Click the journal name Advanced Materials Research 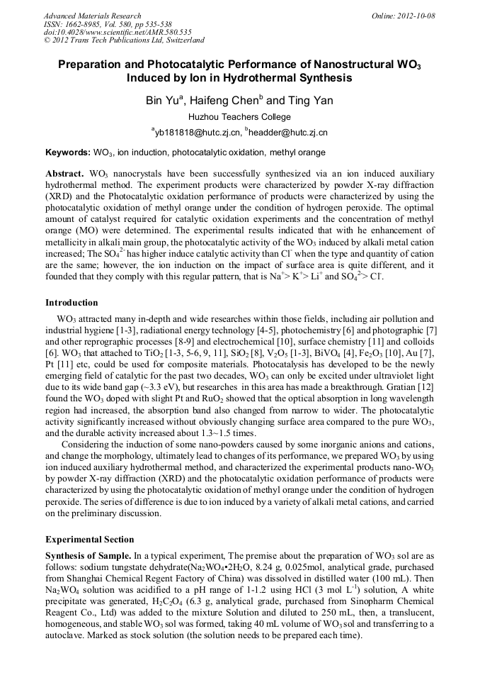(x=92, y=16)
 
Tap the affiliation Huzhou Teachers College (x=239, y=116)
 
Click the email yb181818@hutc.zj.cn (x=196, y=133)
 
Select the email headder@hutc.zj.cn (x=287, y=133)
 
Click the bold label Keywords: (x=68, y=152)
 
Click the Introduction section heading (x=72, y=303)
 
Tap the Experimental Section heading (x=89, y=540)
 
